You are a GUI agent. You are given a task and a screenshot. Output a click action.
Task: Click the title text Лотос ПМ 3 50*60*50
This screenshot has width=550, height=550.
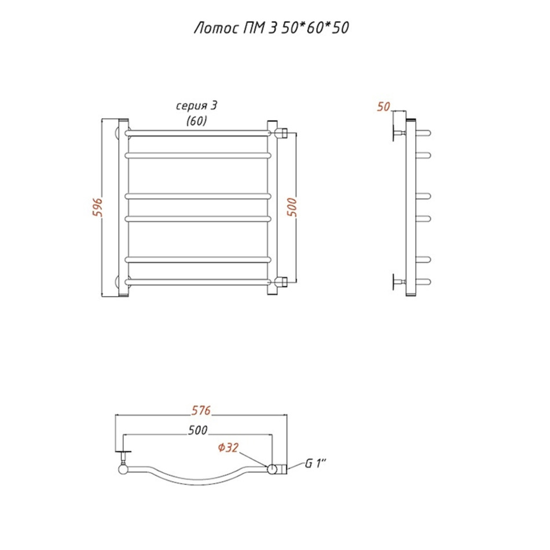(x=272, y=28)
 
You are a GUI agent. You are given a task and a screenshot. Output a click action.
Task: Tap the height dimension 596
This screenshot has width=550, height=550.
(x=97, y=207)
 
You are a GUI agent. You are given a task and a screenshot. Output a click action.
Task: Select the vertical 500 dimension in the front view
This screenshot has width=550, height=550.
(x=292, y=207)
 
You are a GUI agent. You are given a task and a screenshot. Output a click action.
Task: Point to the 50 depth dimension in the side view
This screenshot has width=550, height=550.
(x=383, y=107)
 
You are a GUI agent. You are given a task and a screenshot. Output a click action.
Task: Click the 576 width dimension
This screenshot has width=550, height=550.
(x=201, y=410)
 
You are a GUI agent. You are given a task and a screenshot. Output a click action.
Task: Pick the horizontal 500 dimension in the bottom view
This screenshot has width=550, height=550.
(x=197, y=430)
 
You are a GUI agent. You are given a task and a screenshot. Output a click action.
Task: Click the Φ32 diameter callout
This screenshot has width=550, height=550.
(x=228, y=448)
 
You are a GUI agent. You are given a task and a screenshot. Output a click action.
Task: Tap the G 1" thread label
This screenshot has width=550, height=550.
(x=316, y=463)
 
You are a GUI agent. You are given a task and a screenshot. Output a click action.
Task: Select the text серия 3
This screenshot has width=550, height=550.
(x=196, y=105)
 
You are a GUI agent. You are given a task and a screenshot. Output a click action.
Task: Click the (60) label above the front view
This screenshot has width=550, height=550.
(x=196, y=121)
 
